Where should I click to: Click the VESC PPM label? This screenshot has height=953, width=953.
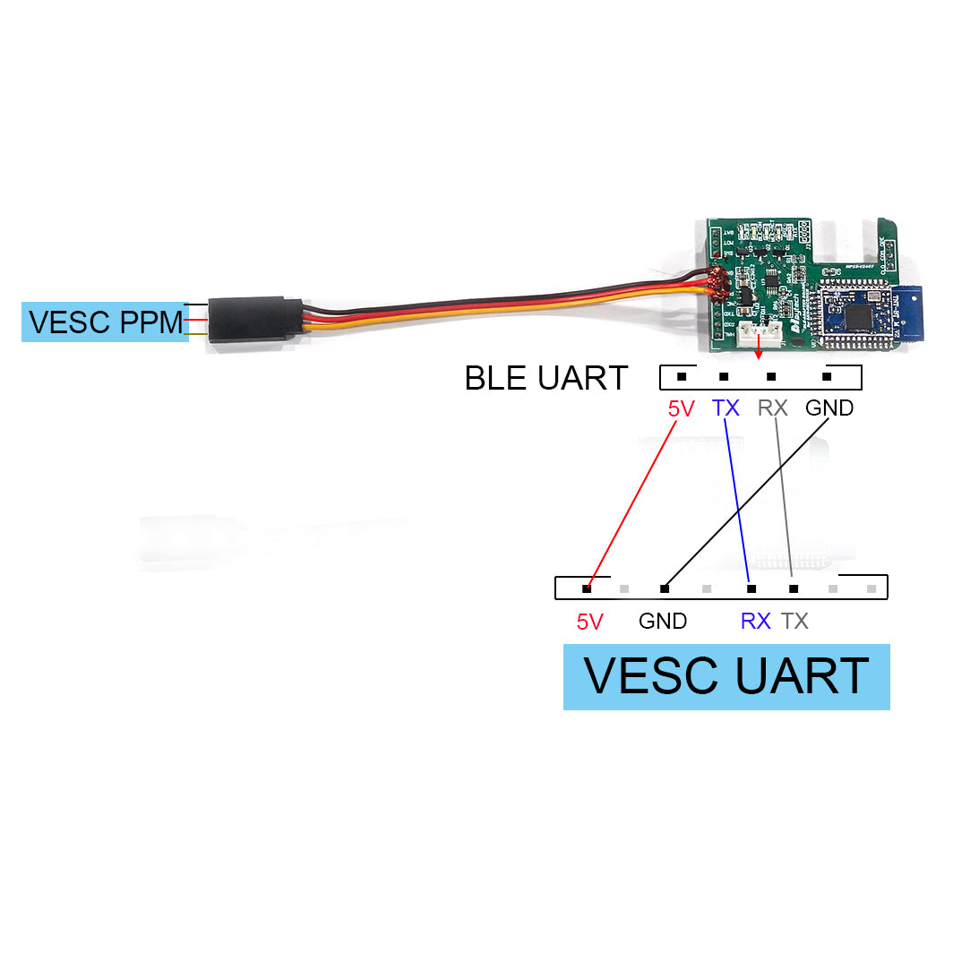(x=105, y=322)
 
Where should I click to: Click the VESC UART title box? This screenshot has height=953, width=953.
(x=726, y=676)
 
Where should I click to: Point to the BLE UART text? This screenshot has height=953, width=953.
(x=545, y=378)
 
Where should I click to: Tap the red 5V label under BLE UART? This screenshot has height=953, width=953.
(x=681, y=408)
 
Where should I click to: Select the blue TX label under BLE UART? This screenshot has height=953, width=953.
(x=725, y=408)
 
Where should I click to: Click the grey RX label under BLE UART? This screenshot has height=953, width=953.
(x=772, y=408)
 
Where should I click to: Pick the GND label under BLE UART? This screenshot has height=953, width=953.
(x=829, y=408)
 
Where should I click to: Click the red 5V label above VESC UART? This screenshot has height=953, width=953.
(x=589, y=622)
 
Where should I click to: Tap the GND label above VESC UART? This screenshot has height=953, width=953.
(x=663, y=621)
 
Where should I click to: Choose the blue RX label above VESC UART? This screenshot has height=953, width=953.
(x=755, y=621)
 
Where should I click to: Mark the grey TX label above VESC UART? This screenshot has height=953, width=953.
(x=794, y=621)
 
